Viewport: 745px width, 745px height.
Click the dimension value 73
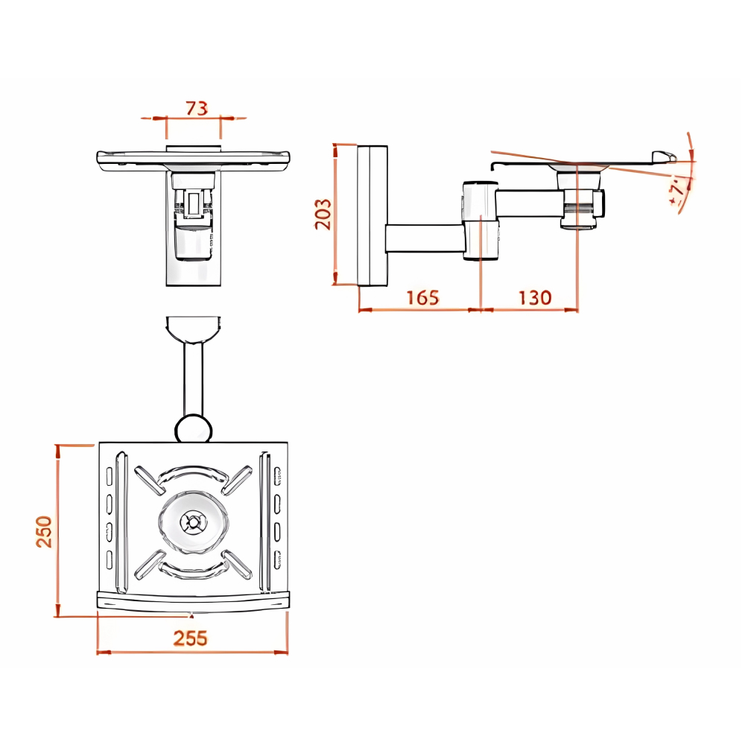197,108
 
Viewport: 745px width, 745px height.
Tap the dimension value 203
323,215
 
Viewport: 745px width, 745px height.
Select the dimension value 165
423,298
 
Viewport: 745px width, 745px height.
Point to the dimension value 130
535,298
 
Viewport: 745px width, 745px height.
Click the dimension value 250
44,532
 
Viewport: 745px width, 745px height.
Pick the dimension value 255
191,638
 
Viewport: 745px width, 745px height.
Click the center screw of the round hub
194,523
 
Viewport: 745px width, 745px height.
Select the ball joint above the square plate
194,428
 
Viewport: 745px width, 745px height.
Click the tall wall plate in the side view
372,216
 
